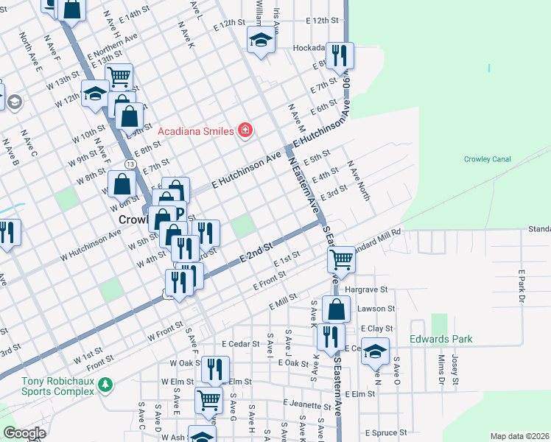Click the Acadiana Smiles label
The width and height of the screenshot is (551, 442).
[x=196, y=132]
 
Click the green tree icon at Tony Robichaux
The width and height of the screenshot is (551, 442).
[x=105, y=385]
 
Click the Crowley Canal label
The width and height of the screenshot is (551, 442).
[x=487, y=159]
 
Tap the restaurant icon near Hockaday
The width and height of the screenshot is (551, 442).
[x=340, y=55]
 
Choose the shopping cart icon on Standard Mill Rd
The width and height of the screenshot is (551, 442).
[x=341, y=259]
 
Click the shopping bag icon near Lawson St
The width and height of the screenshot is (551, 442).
[x=336, y=309]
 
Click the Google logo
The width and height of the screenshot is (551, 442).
[x=24, y=432]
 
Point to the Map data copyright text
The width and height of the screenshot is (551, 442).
[x=519, y=436]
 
